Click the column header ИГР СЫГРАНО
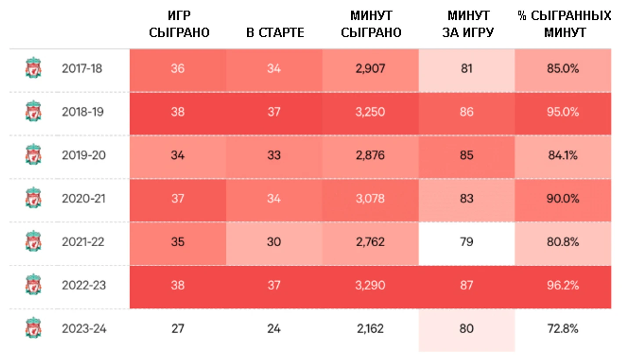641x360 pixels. (x=179, y=24)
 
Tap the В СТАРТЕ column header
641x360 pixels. (x=275, y=32)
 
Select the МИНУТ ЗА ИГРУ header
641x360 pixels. (x=468, y=24)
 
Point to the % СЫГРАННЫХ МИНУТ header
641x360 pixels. (x=564, y=24)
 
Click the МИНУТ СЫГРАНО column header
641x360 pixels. (x=371, y=24)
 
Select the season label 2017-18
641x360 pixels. (x=82, y=68)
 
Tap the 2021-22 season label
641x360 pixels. (x=83, y=242)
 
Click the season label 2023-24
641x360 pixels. (x=84, y=329)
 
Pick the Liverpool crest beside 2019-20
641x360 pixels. (x=33, y=155)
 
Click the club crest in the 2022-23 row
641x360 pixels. (x=33, y=285)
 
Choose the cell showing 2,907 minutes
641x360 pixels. (x=370, y=68)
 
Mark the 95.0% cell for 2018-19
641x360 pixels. (x=562, y=112)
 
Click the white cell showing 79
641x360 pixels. (x=466, y=242)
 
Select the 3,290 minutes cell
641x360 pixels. (x=370, y=285)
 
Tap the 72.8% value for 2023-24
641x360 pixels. (x=562, y=329)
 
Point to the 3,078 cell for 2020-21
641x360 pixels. (x=370, y=198)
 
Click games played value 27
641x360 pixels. (x=177, y=329)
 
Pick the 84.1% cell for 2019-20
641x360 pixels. (x=562, y=155)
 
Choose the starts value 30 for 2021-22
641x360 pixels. (x=274, y=242)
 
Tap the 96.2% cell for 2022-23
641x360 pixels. (x=562, y=285)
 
